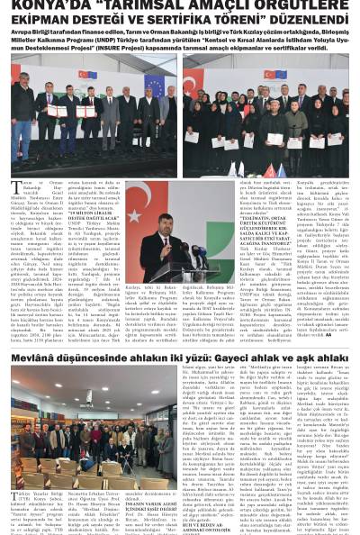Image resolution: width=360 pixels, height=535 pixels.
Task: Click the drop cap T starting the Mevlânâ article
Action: (15, 472)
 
